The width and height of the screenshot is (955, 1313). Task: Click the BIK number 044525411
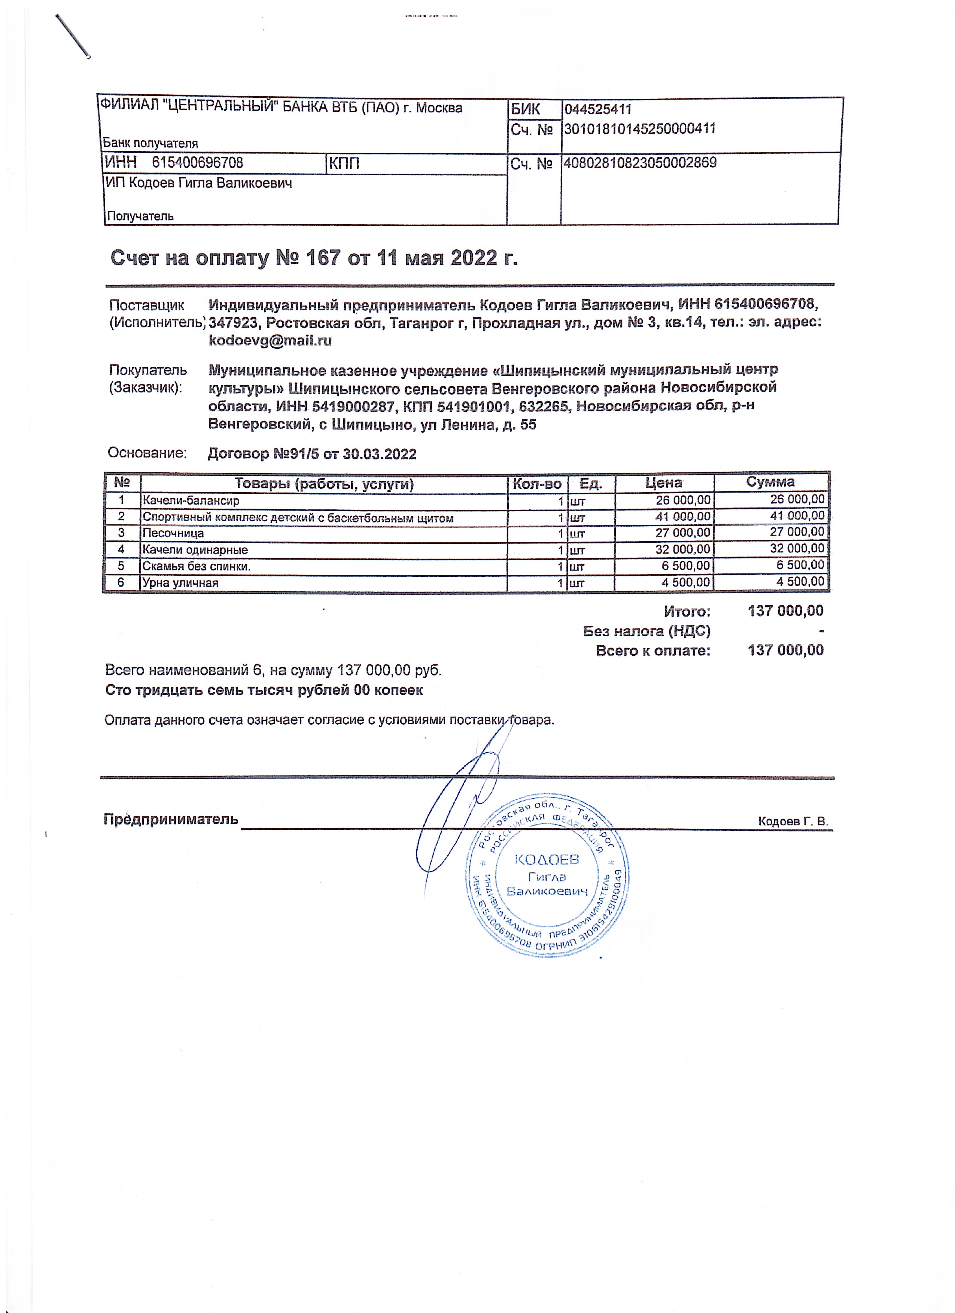click(598, 109)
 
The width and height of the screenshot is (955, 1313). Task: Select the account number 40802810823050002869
click(640, 163)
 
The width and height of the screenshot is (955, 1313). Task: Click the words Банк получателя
click(150, 143)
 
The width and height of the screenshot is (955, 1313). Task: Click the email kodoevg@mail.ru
click(270, 340)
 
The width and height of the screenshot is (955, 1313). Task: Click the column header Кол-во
click(537, 484)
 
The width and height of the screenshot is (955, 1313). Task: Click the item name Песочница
click(173, 533)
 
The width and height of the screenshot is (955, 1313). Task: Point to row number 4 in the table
click(121, 549)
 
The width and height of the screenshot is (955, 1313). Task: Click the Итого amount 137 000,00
click(785, 611)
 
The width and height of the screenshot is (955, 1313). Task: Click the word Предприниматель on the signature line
click(171, 819)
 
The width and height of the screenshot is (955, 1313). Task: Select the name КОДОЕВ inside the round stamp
click(547, 860)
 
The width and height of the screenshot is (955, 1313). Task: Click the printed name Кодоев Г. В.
click(793, 822)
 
